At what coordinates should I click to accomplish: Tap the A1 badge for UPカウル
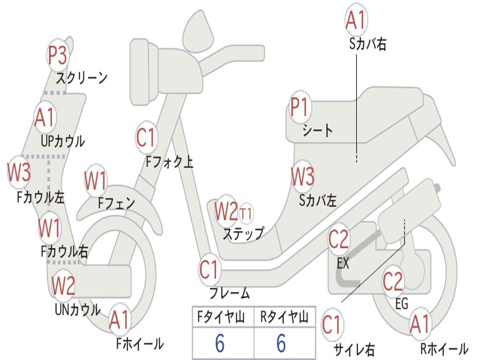tap(45, 118)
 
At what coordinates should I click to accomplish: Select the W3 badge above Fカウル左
tap(19, 172)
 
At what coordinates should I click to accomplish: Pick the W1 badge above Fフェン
tap(96, 180)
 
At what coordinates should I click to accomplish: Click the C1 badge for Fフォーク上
tap(146, 137)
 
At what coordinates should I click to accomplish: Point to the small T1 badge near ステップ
tap(246, 213)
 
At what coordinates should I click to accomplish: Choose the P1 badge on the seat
tap(300, 107)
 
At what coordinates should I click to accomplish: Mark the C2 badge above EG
tap(393, 282)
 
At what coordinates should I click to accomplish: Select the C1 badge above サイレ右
tap(332, 324)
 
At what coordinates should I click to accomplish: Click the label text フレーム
tap(230, 293)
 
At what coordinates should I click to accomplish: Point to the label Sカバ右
tap(367, 44)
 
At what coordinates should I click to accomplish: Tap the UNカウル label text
tap(78, 310)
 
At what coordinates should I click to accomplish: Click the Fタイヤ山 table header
tap(221, 317)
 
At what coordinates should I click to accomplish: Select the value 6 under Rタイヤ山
tap(281, 343)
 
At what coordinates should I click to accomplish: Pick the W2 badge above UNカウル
tap(63, 285)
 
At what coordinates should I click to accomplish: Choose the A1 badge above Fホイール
tap(120, 320)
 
